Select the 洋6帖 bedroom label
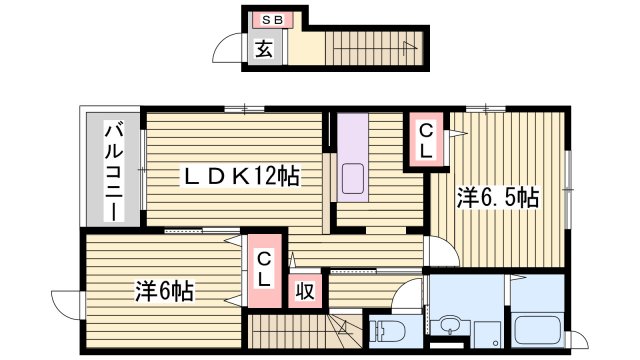point(165,293)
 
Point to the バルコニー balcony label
point(116,170)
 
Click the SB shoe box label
point(272,20)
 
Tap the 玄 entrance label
point(262,48)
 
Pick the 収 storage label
point(305,293)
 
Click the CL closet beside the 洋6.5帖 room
point(425,139)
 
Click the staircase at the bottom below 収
point(290,331)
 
